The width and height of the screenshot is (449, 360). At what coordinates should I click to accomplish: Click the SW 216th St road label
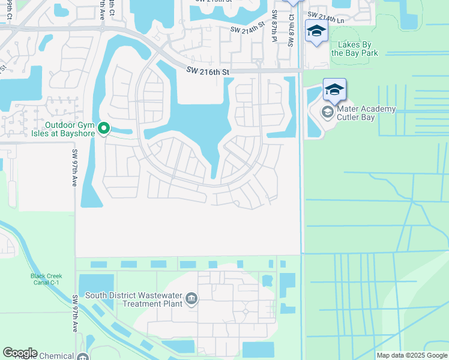click(208, 72)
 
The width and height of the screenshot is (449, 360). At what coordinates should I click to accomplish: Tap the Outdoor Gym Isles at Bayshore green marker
click(103, 127)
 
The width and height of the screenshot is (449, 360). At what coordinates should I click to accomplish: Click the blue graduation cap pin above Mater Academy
click(334, 90)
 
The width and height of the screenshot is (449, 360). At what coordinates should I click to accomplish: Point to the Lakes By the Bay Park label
click(358, 49)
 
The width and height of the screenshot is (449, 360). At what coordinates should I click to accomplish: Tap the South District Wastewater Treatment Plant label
click(133, 299)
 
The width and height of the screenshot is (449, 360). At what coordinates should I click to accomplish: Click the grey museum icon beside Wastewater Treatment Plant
click(191, 299)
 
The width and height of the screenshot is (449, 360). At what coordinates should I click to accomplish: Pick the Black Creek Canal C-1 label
click(46, 280)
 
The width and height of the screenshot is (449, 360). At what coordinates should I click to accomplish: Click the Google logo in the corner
click(20, 353)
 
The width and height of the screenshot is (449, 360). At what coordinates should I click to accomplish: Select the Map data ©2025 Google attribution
click(411, 355)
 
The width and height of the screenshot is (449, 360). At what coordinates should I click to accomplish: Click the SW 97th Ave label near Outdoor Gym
click(75, 168)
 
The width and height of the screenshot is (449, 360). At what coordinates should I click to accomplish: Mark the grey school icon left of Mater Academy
click(328, 112)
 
